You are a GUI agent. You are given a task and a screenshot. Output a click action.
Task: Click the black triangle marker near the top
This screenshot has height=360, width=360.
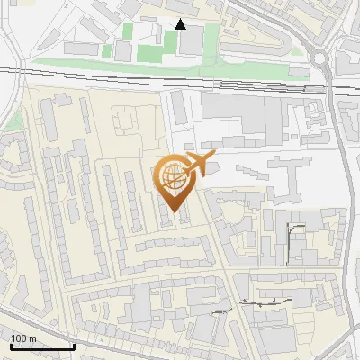click(181, 24)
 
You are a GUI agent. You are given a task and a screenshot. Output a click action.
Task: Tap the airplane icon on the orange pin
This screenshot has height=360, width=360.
click(197, 164)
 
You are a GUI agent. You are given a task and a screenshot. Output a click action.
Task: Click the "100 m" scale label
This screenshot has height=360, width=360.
click(23, 338)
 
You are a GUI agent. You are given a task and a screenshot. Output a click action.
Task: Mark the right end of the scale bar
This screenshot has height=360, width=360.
click(74, 346)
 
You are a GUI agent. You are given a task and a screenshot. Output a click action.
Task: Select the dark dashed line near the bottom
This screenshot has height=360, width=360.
click(261, 304)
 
